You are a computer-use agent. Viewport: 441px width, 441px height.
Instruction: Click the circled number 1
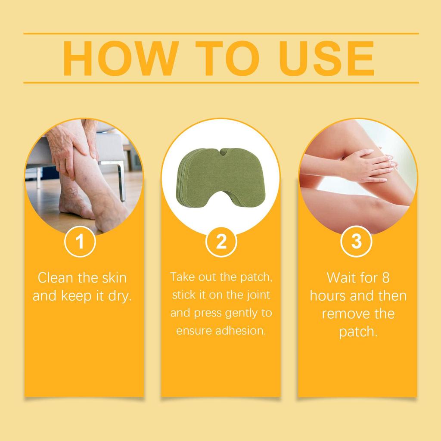(x=80, y=242)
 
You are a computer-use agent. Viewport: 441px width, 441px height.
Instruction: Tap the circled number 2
(x=221, y=242)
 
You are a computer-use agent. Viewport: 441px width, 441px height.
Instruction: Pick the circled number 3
(x=356, y=242)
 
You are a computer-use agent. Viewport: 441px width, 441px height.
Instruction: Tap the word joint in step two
(x=257, y=295)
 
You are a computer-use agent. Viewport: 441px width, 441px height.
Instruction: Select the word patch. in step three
(x=358, y=332)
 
